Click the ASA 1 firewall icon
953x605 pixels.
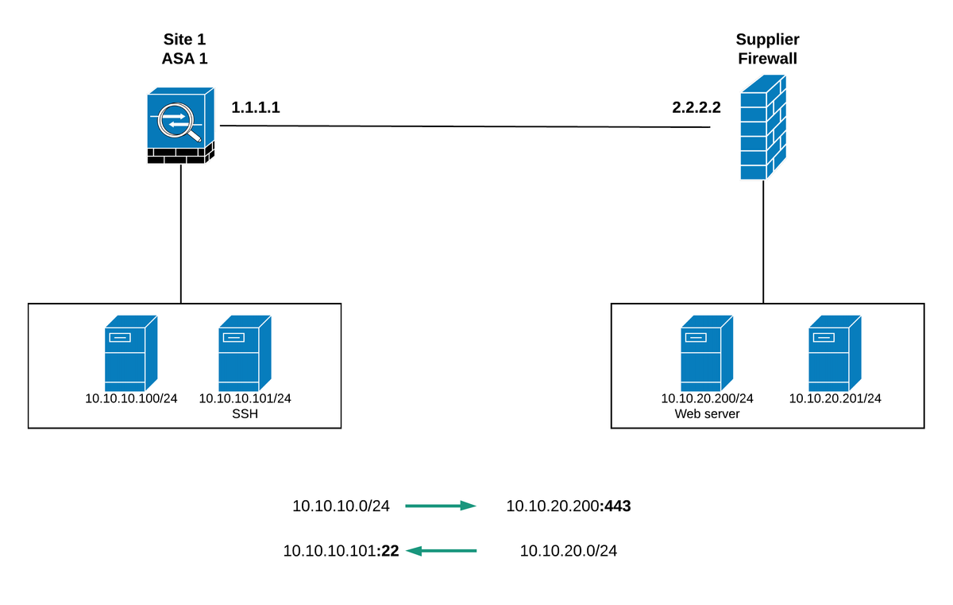[x=181, y=126]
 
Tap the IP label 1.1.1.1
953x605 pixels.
[x=256, y=107]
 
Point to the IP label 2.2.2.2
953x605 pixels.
[x=696, y=107]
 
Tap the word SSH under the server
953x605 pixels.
[x=245, y=413]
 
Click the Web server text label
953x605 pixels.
[x=707, y=413]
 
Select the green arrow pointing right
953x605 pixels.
[x=441, y=506]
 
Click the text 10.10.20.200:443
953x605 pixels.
[x=569, y=506]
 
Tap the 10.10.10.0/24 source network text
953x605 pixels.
[x=341, y=506]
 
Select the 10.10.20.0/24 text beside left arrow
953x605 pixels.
[x=569, y=550]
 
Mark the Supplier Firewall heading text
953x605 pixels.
[x=767, y=48]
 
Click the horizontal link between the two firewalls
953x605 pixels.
[x=465, y=126]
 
